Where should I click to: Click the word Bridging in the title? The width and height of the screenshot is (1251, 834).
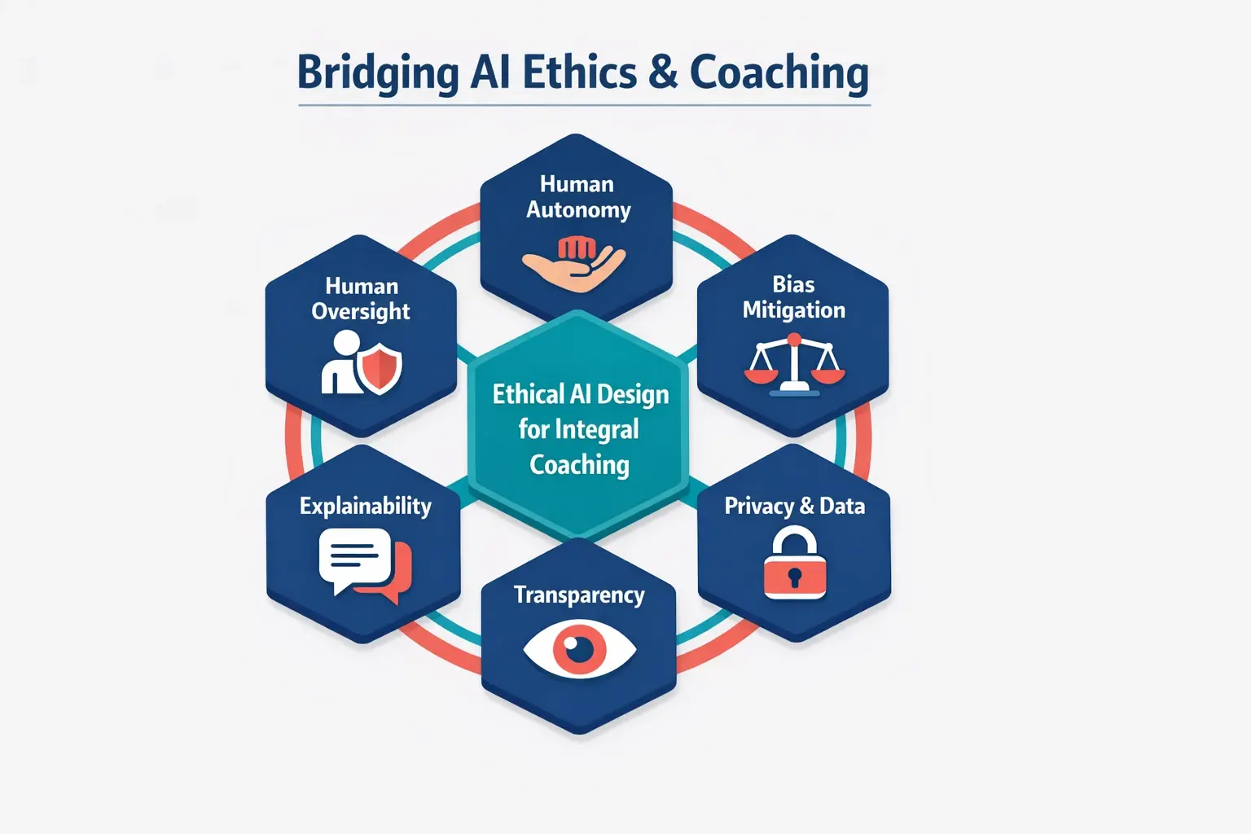376,73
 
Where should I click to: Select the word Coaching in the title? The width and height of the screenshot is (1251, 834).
779,73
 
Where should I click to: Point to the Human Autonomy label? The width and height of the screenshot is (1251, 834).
577,197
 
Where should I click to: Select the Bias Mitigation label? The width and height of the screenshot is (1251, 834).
793,297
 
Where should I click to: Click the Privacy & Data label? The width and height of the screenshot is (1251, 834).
794,506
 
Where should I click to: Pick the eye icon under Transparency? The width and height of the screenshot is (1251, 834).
579,649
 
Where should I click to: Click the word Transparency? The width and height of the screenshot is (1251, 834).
579,595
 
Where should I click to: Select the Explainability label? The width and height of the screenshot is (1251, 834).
365,506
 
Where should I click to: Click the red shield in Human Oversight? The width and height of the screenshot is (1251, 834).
380,368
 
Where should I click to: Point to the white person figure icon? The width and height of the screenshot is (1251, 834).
340,363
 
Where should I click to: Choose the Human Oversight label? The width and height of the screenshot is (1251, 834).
361,299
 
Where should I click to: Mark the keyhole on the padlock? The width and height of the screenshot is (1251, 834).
795,577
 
